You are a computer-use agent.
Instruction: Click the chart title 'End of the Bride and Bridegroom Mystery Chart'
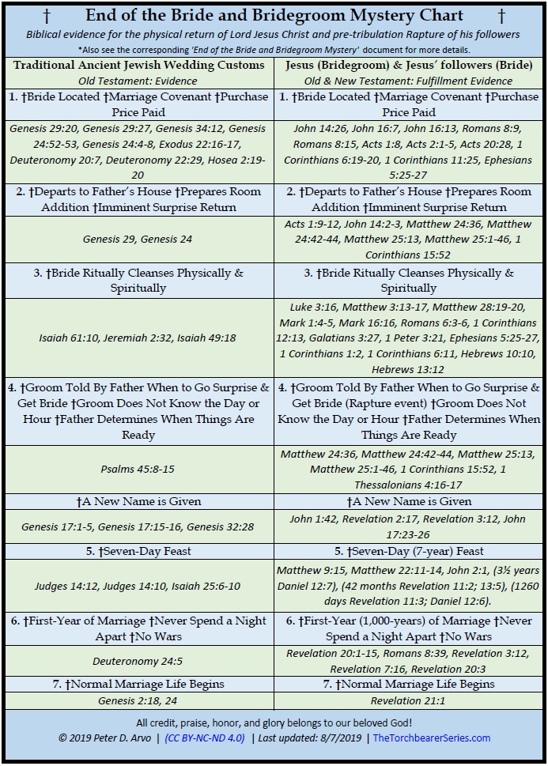click(x=274, y=15)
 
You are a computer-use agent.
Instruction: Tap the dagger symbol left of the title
click(x=47, y=16)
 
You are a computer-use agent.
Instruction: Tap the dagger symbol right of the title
click(x=501, y=16)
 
